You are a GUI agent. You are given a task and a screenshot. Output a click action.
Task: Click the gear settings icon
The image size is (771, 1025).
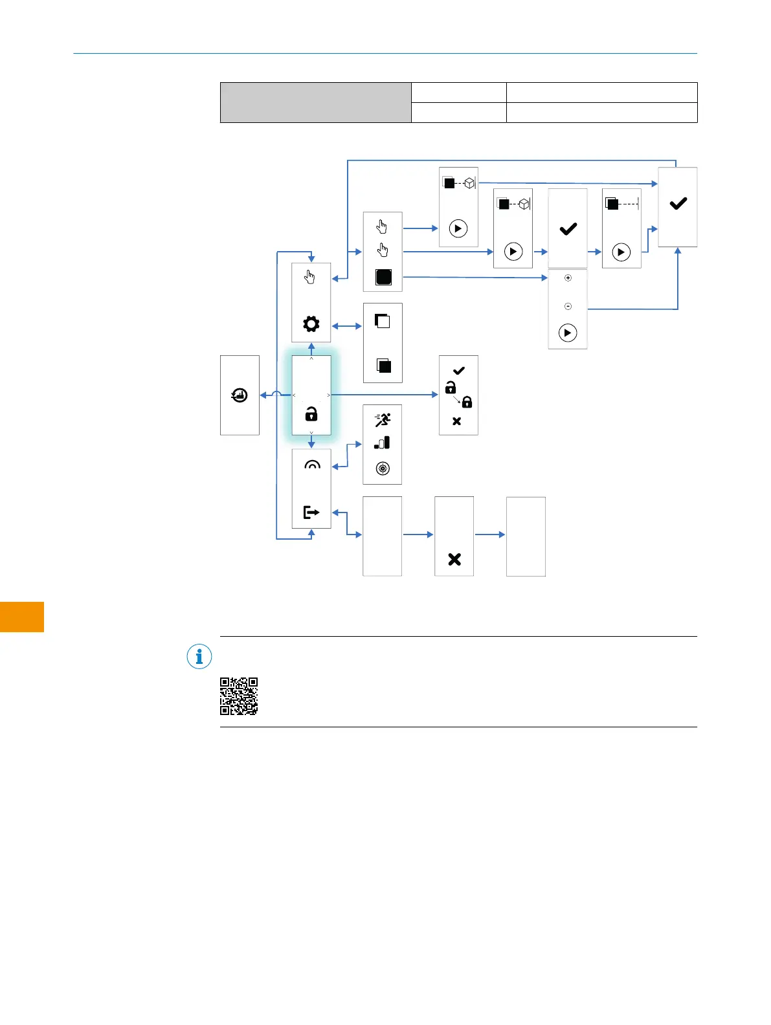pos(311,324)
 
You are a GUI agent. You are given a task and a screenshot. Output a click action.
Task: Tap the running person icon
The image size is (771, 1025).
pos(383,421)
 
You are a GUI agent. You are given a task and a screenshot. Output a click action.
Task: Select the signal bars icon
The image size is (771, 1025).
pos(382,443)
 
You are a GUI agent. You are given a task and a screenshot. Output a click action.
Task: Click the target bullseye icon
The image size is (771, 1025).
pos(383,468)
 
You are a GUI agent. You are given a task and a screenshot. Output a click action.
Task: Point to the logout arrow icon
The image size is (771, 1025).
pos(311,512)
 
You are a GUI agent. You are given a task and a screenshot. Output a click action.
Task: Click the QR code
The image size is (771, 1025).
pos(239,696)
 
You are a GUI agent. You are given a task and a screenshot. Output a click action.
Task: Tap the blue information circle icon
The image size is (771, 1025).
pos(199,657)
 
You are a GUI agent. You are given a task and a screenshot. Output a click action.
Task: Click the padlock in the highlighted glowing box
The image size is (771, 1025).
pos(311,414)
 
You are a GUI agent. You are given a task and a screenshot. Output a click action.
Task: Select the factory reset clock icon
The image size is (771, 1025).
pos(240,395)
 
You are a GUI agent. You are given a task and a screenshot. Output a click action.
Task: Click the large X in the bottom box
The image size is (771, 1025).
pos(454,559)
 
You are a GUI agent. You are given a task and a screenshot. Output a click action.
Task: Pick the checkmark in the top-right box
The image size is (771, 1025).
pos(678,204)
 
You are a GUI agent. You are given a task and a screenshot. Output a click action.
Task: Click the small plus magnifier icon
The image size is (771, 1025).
pos(568,278)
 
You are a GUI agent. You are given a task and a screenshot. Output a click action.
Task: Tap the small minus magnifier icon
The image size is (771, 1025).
pos(568,306)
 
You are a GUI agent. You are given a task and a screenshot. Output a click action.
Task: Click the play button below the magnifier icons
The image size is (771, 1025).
pos(568,333)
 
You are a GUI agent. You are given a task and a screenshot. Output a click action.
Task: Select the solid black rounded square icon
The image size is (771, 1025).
pos(383,277)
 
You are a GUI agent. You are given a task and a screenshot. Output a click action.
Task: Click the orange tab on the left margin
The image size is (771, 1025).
pos(22,616)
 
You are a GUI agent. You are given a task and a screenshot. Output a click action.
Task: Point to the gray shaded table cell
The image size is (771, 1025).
pos(315,102)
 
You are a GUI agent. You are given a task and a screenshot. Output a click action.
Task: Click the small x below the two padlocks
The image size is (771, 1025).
pos(456,421)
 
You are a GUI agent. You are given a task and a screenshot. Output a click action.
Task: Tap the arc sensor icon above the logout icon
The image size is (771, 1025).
pos(312,465)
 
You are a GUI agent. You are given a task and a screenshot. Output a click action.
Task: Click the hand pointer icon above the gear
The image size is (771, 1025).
pos(310,278)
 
